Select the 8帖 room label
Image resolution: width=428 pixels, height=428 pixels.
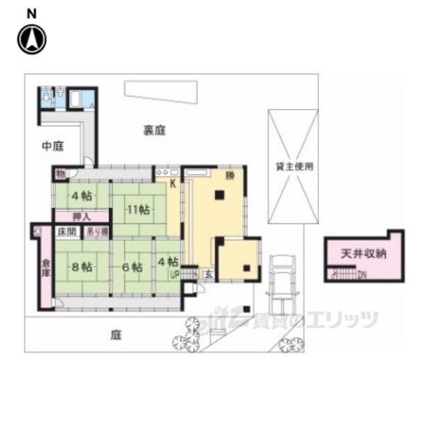[81, 267]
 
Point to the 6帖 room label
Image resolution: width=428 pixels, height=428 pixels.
[132, 267]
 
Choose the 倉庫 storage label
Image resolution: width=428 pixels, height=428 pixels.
[45, 267]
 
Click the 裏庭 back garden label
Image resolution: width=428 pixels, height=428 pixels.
[153, 130]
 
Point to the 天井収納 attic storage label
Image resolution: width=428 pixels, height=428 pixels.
[364, 254]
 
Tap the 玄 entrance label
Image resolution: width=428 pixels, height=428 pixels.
[209, 273]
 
